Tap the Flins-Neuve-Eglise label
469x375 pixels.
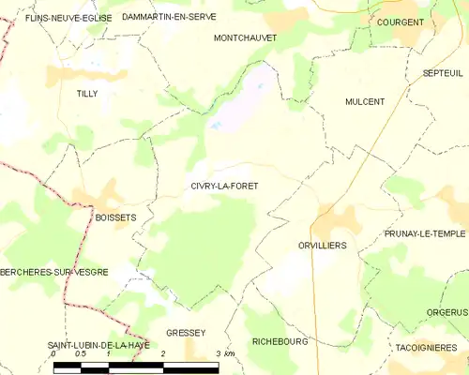[55, 18]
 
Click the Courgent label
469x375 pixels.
[401, 22]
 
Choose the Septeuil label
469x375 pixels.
[443, 72]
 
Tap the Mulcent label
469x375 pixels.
[365, 102]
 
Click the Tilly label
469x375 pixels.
[87, 94]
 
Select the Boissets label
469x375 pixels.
[115, 217]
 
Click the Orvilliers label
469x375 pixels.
[322, 245]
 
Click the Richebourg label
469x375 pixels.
[280, 342]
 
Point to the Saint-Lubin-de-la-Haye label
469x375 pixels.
[98, 346]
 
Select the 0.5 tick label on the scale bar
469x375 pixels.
[81, 353]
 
